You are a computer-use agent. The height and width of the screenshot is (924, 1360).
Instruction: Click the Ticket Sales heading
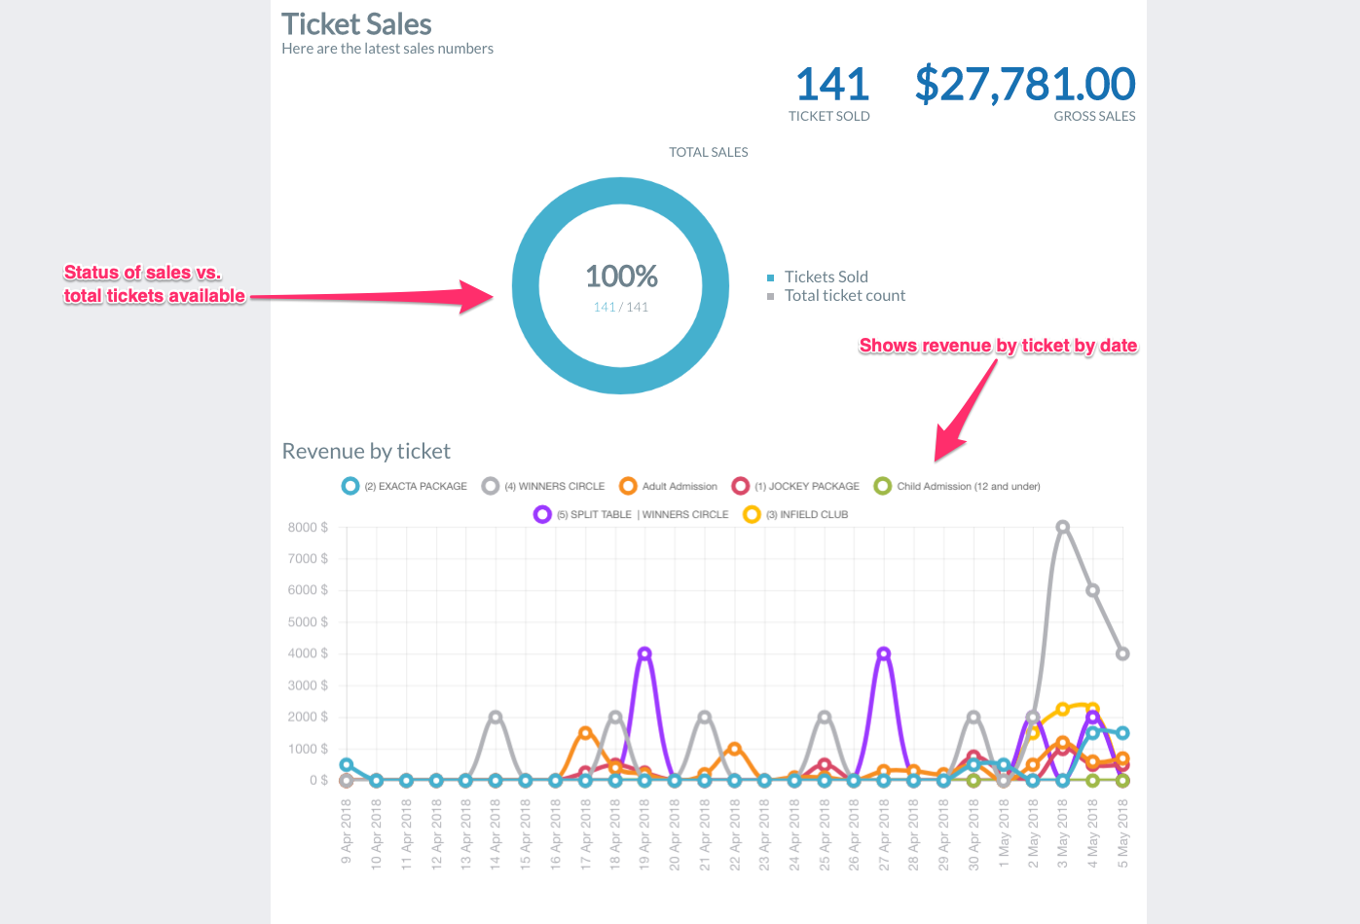356,24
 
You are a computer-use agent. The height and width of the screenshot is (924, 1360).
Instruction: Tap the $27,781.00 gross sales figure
1024,85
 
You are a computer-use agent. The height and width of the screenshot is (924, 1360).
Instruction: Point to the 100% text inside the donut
621,277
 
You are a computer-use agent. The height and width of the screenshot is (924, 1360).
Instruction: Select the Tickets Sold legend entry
826,277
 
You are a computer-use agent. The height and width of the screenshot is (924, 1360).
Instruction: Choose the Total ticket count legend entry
844,296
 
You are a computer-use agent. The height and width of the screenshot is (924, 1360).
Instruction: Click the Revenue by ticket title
366,451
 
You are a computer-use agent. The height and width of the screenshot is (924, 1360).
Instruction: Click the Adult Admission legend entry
679,486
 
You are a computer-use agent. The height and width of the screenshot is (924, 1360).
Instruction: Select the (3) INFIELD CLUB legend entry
806,514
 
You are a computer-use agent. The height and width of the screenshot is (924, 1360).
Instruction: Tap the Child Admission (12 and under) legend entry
968,486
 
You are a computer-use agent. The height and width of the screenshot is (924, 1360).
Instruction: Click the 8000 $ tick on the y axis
308,527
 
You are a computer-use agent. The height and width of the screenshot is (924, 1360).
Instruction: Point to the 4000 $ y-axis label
308,653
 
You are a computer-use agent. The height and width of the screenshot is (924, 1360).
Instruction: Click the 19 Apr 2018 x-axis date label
644,833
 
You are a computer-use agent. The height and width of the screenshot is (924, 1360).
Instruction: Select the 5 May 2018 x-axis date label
1122,833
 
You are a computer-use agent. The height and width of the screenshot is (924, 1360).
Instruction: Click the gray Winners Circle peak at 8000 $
1063,527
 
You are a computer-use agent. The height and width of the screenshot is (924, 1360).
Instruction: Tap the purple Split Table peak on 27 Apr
884,653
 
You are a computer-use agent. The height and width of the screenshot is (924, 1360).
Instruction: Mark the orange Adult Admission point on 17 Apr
585,732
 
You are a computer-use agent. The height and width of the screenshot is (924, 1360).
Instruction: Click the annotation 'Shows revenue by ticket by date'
998,346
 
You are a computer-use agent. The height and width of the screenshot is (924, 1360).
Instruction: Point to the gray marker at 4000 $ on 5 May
1122,653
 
